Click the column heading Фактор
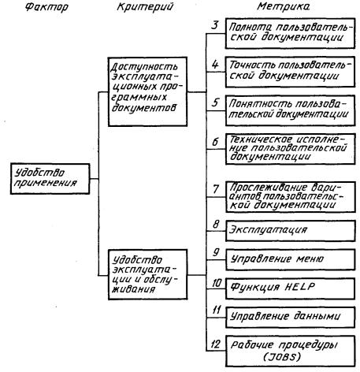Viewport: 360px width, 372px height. [x=46, y=7]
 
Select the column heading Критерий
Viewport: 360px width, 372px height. [x=145, y=7]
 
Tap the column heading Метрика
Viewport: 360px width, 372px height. [x=284, y=6]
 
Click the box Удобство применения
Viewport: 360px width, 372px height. [x=50, y=179]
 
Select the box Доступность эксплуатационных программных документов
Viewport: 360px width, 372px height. [x=147, y=91]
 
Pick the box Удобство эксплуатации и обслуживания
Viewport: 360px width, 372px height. [x=148, y=274]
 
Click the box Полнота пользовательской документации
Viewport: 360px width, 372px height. [x=290, y=33]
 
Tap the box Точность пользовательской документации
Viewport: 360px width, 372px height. [x=290, y=72]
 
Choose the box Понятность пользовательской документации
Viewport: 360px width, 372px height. [x=290, y=110]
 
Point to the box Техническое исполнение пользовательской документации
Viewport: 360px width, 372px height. [x=290, y=149]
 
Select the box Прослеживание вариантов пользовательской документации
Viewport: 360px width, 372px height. [x=290, y=197]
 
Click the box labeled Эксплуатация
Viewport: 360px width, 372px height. [x=290, y=231]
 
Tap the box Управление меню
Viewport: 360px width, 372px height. [x=290, y=260]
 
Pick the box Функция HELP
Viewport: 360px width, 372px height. [x=290, y=288]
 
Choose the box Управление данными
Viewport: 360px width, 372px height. [x=290, y=318]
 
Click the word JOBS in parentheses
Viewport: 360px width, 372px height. [x=282, y=356]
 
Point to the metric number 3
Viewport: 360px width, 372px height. [x=215, y=25]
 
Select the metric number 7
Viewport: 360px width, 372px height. [x=216, y=188]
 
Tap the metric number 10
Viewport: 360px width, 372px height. [x=217, y=283]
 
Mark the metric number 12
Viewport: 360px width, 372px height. [x=215, y=344]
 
